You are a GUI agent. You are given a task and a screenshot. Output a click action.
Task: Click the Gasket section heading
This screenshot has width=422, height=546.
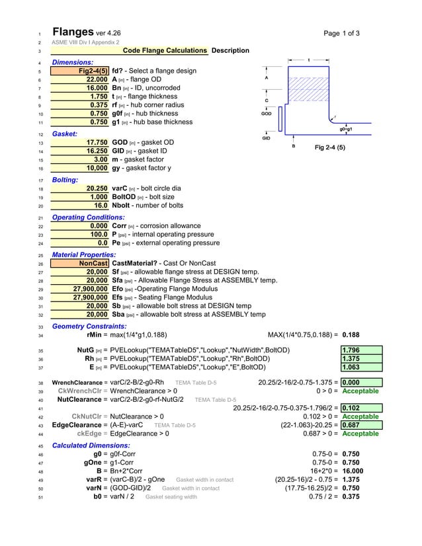pos(65,134)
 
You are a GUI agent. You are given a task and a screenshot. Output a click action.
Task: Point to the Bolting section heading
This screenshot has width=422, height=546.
pos(65,180)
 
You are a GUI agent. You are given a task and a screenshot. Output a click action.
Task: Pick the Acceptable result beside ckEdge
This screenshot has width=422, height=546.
pos(360,434)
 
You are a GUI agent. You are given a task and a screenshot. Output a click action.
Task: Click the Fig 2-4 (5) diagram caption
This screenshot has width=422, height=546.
pos(329,147)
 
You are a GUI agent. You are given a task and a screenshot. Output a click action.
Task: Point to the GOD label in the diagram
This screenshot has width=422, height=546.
pos(266,114)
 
